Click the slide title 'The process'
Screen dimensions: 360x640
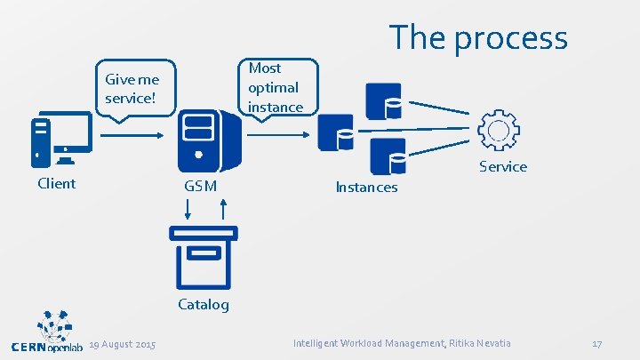[x=478, y=37]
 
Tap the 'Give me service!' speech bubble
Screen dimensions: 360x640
[x=133, y=88]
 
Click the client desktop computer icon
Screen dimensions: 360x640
[x=60, y=140]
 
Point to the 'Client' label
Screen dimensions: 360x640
[x=56, y=184]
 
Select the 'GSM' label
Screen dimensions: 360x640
[x=199, y=187]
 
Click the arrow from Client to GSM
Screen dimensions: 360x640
[x=130, y=135]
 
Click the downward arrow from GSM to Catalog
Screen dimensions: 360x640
[x=188, y=210]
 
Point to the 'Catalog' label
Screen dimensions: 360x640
[x=204, y=305]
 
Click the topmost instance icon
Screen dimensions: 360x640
[x=383, y=100]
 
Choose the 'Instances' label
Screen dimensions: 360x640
[x=366, y=188]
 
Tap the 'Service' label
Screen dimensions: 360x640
[x=503, y=167]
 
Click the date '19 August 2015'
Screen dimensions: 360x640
[x=123, y=344]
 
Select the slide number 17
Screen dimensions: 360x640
[x=596, y=344]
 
